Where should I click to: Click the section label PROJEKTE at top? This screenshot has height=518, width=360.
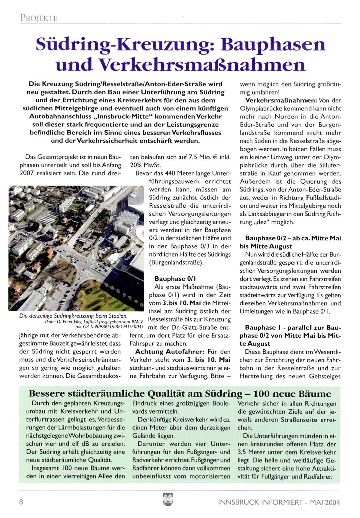click(x=39, y=18)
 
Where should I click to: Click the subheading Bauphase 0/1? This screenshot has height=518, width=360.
click(x=175, y=279)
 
